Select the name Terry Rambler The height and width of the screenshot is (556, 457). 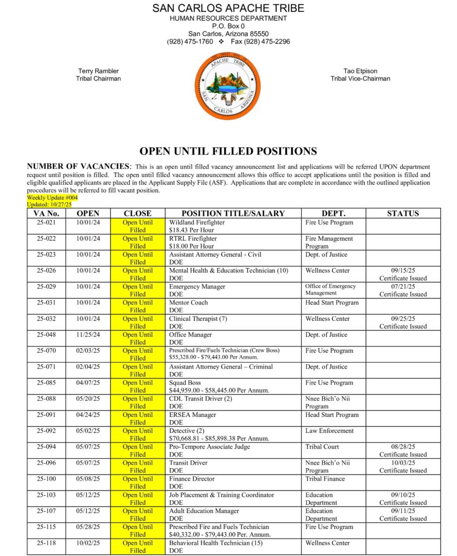(98, 71)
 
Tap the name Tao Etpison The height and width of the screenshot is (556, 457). (360, 71)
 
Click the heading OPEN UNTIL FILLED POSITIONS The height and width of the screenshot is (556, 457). (228, 151)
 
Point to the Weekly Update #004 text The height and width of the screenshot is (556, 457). (53, 198)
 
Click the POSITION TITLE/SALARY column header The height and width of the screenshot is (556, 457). (233, 213)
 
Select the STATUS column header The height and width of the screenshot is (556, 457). (403, 213)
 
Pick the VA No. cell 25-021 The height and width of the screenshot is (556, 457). (47, 223)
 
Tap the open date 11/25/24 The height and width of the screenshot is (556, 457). (88, 335)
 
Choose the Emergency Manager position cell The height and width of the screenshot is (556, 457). (197, 287)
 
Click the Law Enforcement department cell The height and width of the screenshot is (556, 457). (329, 431)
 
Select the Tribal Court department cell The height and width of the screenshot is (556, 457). (322, 447)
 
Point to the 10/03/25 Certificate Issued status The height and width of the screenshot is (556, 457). (403, 467)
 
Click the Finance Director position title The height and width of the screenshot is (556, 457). (192, 479)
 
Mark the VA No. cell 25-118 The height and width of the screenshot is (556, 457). (47, 543)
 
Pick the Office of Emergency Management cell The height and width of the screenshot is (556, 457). (331, 290)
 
